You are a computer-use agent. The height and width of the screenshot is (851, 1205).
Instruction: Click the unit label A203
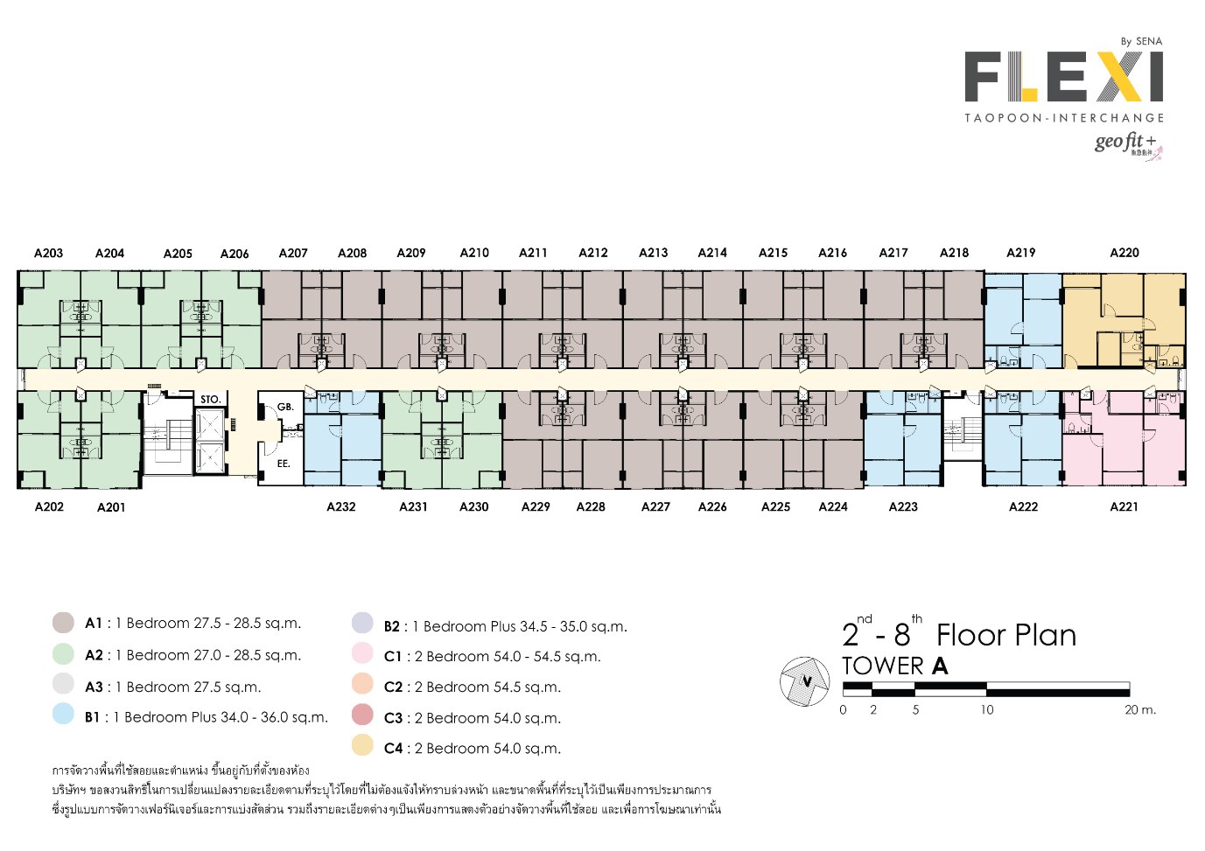point(49,253)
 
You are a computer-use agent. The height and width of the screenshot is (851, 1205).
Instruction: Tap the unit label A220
point(1124,253)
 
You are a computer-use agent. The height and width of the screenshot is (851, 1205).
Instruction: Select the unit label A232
point(341,506)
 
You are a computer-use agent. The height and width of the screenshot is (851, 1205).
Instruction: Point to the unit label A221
point(1124,506)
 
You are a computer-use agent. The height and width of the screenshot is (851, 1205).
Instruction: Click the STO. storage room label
point(210,400)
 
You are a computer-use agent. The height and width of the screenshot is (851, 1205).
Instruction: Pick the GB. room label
point(285,407)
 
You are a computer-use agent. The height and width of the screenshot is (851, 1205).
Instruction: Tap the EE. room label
point(284,464)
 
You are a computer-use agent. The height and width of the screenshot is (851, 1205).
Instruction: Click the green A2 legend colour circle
point(63,653)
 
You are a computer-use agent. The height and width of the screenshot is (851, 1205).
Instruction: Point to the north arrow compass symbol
point(805,681)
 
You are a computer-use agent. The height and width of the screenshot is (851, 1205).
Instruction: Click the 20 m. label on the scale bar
point(1140,710)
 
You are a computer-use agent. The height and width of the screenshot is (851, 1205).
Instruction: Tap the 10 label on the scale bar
point(987,710)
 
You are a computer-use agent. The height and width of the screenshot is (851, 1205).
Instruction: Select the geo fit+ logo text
point(1124,142)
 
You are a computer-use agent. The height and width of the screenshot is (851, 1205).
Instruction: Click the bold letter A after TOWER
point(940,666)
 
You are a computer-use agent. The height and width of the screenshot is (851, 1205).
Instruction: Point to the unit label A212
point(593,253)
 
